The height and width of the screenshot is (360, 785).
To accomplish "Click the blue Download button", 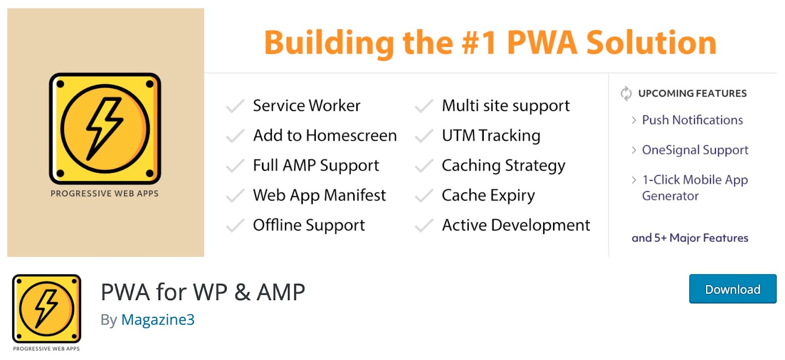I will pyautogui.click(x=732, y=289).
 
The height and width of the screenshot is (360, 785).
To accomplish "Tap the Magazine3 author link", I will pyautogui.click(x=157, y=320).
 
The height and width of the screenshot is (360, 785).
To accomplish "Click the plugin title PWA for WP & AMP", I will pyautogui.click(x=203, y=292).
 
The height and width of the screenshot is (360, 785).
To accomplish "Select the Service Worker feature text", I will pyautogui.click(x=306, y=106).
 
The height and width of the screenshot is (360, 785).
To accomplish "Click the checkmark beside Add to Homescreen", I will pyautogui.click(x=235, y=136).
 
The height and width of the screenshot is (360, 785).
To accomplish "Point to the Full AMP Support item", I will pyautogui.click(x=315, y=166).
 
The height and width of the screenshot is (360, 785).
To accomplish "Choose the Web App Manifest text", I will pyautogui.click(x=319, y=196).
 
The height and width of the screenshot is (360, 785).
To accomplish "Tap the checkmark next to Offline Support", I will pyautogui.click(x=235, y=226).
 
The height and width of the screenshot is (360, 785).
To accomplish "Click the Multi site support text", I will pyautogui.click(x=505, y=106).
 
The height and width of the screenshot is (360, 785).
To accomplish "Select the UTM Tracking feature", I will pyautogui.click(x=491, y=136).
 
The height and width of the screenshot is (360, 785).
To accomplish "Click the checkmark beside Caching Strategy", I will pyautogui.click(x=424, y=166).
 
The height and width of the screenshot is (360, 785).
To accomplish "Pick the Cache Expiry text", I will pyautogui.click(x=488, y=196).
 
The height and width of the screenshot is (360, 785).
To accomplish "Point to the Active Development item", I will pyautogui.click(x=516, y=226).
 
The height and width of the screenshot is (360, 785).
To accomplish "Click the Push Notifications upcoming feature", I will pyautogui.click(x=692, y=120).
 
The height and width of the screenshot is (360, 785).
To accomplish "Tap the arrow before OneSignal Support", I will pyautogui.click(x=634, y=150).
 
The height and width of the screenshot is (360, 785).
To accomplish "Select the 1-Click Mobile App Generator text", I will pyautogui.click(x=694, y=188).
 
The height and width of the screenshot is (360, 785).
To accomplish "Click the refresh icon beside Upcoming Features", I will pyautogui.click(x=626, y=93).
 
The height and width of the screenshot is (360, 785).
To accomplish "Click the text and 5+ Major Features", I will pyautogui.click(x=689, y=238).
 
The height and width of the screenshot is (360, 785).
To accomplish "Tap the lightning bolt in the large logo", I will pyautogui.click(x=104, y=129).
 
